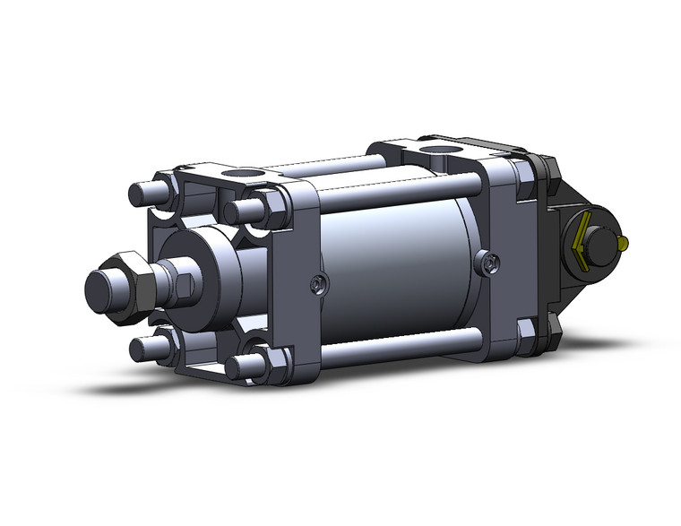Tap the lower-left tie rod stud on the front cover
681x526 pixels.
click(x=146, y=347)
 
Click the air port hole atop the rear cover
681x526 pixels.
click(x=439, y=150)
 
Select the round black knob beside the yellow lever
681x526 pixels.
click(x=608, y=236)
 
